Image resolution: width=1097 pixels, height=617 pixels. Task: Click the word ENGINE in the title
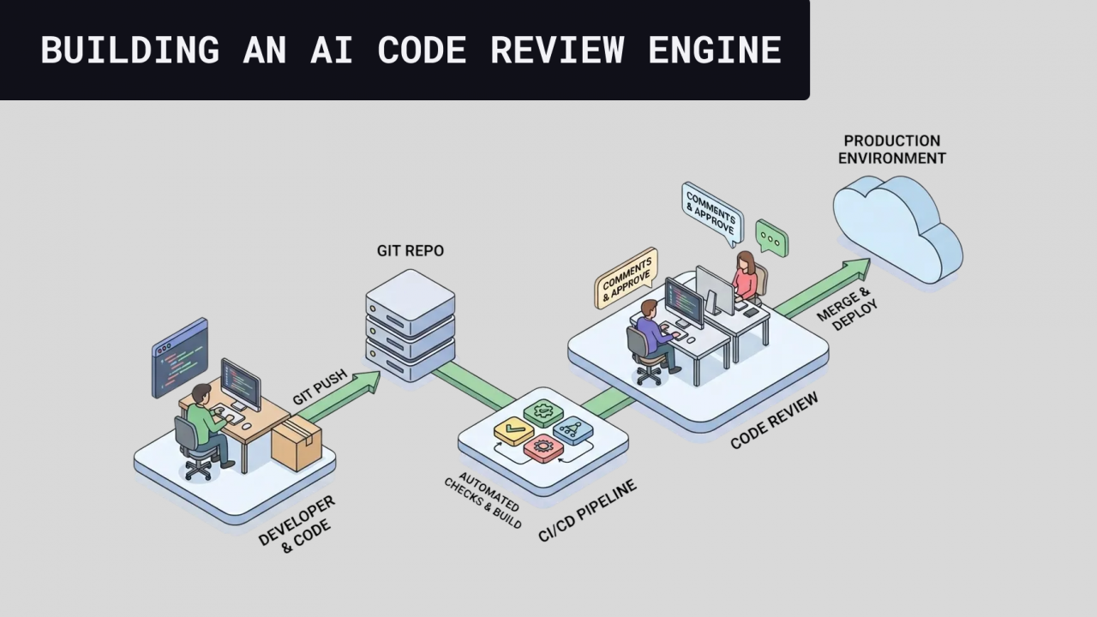(x=714, y=50)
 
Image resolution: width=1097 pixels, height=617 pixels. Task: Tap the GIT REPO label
(x=411, y=251)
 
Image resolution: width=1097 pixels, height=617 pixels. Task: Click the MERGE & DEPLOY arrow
(x=823, y=287)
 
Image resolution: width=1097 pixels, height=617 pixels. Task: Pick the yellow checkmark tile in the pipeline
(x=514, y=429)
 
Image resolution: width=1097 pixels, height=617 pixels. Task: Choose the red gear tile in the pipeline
(x=543, y=447)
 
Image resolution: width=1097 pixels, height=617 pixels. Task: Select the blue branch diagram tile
(x=572, y=429)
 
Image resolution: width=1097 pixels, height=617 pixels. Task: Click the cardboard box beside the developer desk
(x=296, y=445)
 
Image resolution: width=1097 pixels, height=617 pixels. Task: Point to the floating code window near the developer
(x=180, y=356)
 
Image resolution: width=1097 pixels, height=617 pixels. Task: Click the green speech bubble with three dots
(x=770, y=239)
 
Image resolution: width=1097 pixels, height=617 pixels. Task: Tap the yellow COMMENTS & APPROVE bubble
(x=626, y=278)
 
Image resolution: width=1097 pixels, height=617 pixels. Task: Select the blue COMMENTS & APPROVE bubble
(x=710, y=212)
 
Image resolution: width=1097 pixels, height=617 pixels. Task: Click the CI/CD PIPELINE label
(x=587, y=512)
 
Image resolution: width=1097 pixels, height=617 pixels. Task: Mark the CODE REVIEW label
(x=774, y=422)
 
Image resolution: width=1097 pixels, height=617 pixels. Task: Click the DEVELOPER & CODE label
(x=299, y=523)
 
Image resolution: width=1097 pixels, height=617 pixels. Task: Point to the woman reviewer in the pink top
(x=746, y=276)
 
